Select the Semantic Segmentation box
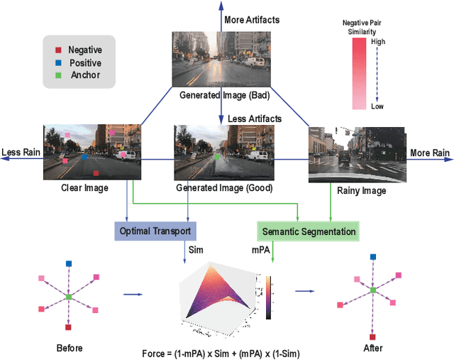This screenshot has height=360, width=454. [307, 231]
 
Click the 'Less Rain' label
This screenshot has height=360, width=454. [19, 153]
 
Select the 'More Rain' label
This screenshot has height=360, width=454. [430, 153]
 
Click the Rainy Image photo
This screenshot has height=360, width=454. [358, 155]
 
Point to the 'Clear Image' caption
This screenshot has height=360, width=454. [84, 188]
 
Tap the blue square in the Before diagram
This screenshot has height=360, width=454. [69, 263]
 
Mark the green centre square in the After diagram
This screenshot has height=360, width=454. [372, 290]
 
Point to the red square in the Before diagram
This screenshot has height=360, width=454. [69, 327]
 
